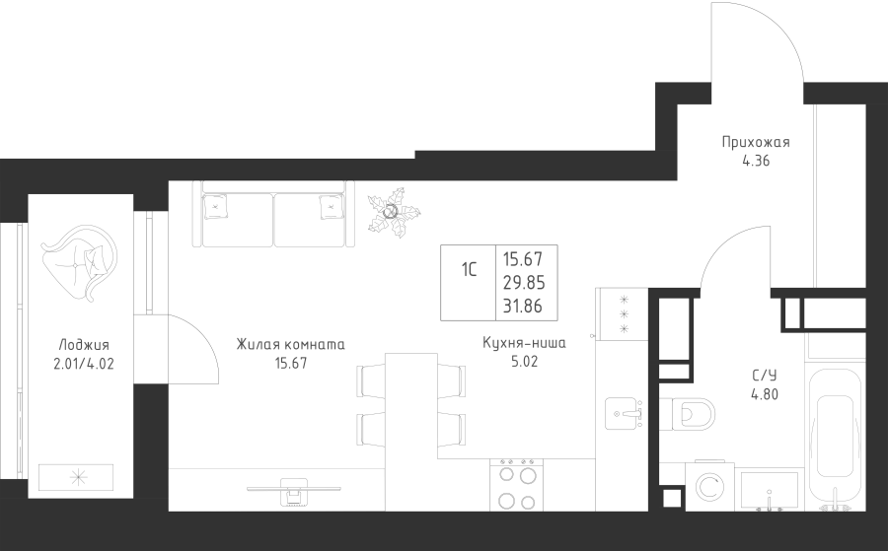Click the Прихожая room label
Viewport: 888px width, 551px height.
[756, 143]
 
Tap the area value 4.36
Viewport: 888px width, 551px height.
[756, 162]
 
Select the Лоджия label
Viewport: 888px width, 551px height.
[84, 345]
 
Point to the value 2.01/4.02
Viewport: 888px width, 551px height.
[84, 364]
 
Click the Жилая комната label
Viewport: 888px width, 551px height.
[290, 345]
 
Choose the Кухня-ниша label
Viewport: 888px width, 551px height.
[525, 343]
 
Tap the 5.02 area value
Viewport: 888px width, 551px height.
[525, 362]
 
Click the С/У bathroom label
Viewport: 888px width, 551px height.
[764, 376]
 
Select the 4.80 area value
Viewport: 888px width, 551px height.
[765, 394]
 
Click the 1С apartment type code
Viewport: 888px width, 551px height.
[469, 270]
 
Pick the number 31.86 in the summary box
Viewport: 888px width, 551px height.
[523, 306]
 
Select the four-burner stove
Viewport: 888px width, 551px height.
[516, 485]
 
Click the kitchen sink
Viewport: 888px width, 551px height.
[624, 413]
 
